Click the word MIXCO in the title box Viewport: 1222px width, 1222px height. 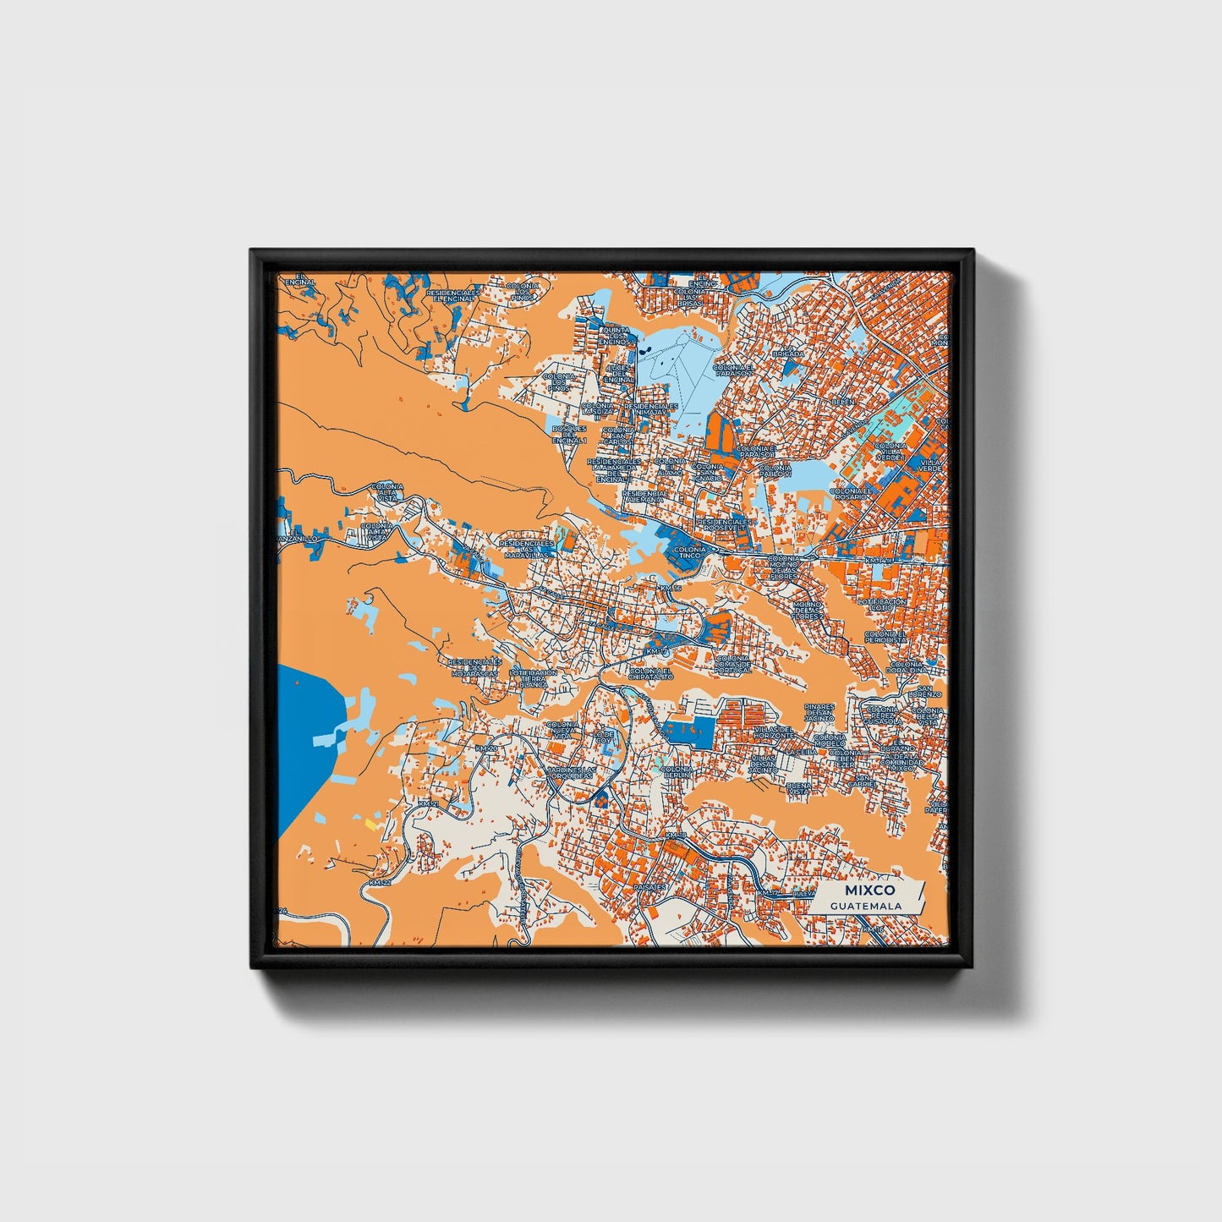click(x=863, y=891)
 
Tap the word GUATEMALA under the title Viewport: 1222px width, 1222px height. click(x=865, y=906)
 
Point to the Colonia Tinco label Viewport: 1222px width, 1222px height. click(x=690, y=552)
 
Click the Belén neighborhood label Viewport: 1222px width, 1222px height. click(x=842, y=402)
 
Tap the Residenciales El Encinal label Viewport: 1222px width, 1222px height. click(x=453, y=294)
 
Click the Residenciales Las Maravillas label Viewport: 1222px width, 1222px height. click(x=527, y=550)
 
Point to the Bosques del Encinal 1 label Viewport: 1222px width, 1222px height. click(x=570, y=435)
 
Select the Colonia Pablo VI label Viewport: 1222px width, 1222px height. click(x=775, y=471)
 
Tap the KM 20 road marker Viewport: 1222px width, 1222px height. click(x=486, y=748)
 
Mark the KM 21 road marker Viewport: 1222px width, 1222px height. click(x=429, y=803)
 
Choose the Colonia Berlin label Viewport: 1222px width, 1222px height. click(x=677, y=772)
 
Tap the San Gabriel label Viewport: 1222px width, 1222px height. click(x=863, y=781)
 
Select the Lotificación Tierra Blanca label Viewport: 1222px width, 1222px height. click(x=533, y=678)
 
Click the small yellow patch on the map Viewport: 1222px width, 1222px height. click(x=370, y=822)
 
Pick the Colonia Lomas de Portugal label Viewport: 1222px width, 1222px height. click(x=732, y=664)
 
